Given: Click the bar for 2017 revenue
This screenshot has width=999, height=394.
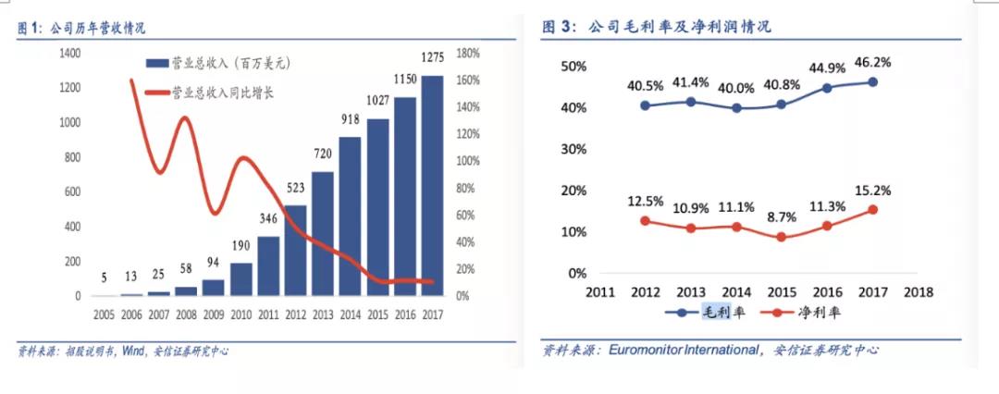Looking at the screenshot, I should (432, 185).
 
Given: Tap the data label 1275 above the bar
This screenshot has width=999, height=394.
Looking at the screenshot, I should (432, 59).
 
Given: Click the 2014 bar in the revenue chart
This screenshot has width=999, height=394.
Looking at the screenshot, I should (350, 216).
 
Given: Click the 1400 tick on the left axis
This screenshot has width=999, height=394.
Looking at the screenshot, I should (69, 54).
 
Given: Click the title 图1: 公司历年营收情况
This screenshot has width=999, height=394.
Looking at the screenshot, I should (81, 28).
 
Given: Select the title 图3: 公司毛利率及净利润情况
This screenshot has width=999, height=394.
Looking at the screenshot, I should (656, 28).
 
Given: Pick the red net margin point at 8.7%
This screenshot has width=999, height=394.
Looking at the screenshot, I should (781, 237).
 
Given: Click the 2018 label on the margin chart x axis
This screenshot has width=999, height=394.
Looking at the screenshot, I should (918, 292).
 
